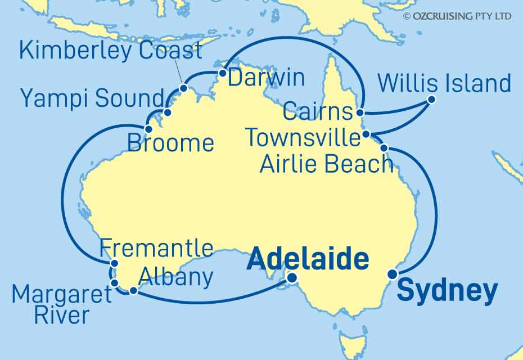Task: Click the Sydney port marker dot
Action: click(x=392, y=274)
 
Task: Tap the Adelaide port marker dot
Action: click(x=292, y=277)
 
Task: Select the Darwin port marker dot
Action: click(x=222, y=73)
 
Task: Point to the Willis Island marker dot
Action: click(x=431, y=100)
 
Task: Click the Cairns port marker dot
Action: click(x=361, y=112)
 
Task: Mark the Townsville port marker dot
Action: click(x=366, y=134)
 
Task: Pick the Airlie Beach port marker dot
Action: click(x=384, y=148)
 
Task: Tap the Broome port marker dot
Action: click(x=148, y=129)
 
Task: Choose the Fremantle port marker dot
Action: click(x=114, y=263)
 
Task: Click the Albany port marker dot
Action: click(x=133, y=291)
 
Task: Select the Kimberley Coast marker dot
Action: click(x=183, y=88)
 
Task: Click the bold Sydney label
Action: click(x=447, y=291)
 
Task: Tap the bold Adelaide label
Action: click(x=308, y=260)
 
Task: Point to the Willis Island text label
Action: click(x=444, y=83)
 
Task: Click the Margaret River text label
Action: click(x=54, y=304)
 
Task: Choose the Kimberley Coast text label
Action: click(x=110, y=50)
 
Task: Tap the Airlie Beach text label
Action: click(x=326, y=164)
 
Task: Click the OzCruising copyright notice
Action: click(x=457, y=16)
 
